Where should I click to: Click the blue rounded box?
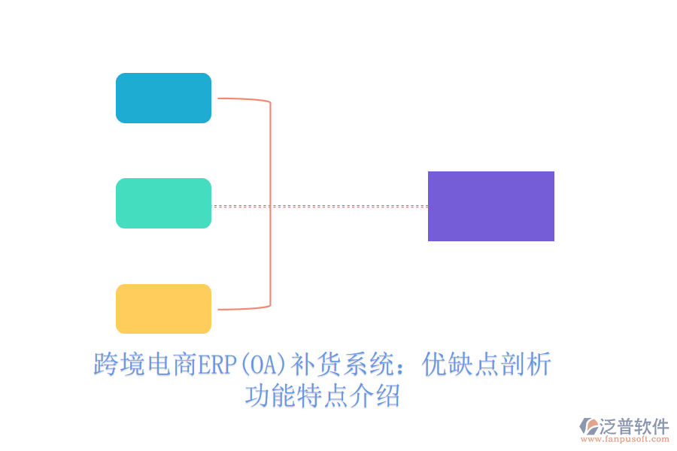[x=163, y=98]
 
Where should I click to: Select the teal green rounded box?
[x=163, y=203]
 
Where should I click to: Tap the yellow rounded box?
[x=163, y=308]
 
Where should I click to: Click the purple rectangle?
[x=490, y=206]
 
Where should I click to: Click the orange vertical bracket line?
[x=270, y=203]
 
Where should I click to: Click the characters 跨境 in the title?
[x=118, y=365]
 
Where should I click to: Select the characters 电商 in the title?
[x=171, y=365]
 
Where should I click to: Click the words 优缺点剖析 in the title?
[x=487, y=365]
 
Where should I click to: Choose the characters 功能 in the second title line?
[x=271, y=395]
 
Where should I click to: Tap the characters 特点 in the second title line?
[x=322, y=395]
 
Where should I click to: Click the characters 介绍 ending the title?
[x=374, y=395]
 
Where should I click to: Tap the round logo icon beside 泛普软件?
[x=588, y=427]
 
